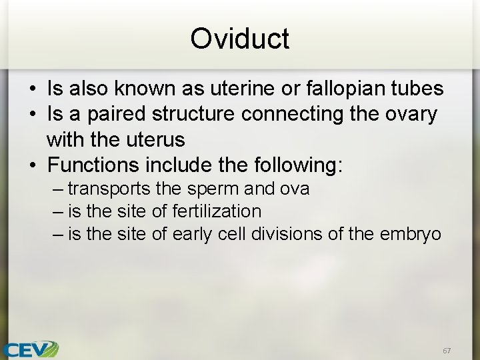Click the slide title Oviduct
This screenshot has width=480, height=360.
pos(239,39)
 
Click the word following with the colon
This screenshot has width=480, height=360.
pos(302,164)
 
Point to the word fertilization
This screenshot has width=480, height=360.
pos(217,211)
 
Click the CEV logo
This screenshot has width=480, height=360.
pos(30,349)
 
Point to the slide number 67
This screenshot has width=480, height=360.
pos(446,350)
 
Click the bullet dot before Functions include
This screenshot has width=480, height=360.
pos(32,165)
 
